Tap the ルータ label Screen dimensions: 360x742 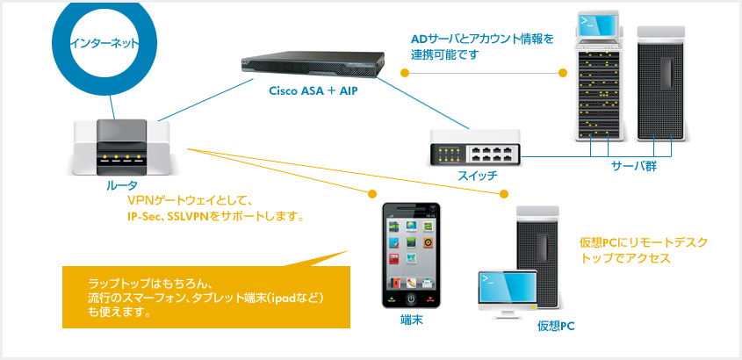pyautogui.click(x=121, y=186)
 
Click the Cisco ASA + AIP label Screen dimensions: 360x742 pyautogui.click(x=313, y=90)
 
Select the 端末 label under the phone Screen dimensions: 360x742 pyautogui.click(x=412, y=320)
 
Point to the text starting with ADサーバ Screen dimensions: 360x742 pyautogui.click(x=483, y=46)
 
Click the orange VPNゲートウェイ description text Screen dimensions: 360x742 pyautogui.click(x=216, y=208)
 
